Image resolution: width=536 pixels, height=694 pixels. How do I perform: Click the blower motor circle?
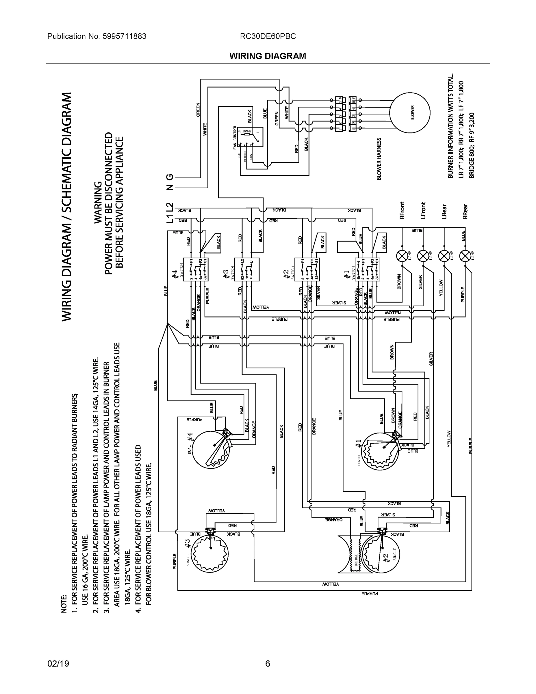(x=410, y=113)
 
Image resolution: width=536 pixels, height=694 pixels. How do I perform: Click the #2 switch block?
(x=307, y=269)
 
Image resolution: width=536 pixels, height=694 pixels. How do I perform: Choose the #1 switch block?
(x=367, y=269)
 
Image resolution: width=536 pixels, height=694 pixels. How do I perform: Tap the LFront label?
(x=423, y=210)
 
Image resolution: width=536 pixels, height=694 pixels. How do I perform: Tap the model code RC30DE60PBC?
(x=268, y=36)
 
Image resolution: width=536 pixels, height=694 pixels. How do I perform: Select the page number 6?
(x=268, y=664)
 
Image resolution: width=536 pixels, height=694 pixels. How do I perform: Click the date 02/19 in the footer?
(x=58, y=664)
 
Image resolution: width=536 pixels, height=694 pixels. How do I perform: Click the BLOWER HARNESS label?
(x=379, y=159)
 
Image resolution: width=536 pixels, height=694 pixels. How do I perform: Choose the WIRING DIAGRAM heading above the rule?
(x=268, y=56)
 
